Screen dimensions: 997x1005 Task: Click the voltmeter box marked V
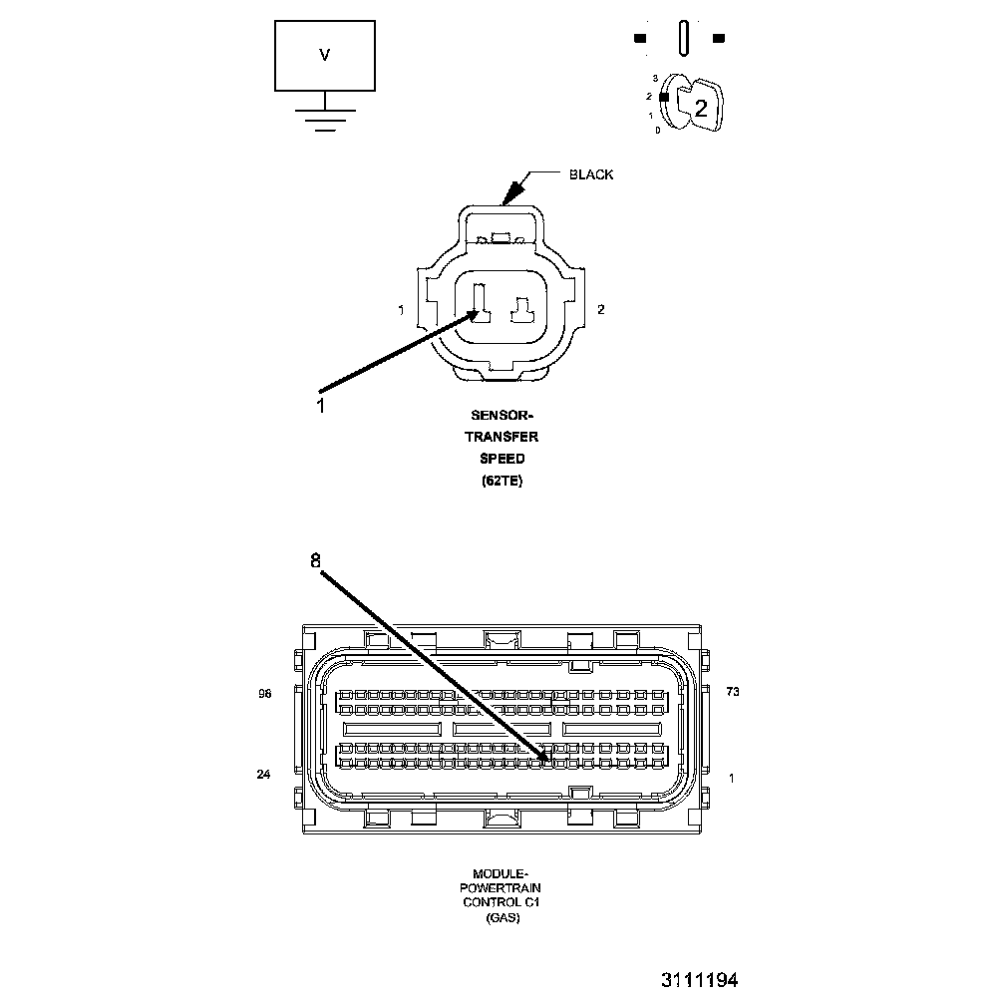(x=325, y=56)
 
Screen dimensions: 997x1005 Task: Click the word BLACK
(x=591, y=174)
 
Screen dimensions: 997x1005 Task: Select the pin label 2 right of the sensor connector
(x=600, y=310)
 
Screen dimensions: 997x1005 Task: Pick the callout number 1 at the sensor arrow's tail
(x=320, y=406)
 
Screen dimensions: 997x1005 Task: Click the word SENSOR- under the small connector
(x=502, y=415)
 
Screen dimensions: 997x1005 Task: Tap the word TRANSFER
(x=502, y=437)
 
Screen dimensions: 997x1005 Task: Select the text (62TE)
(x=502, y=481)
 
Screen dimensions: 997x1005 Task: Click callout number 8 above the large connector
(x=315, y=560)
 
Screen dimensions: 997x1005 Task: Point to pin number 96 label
(x=264, y=694)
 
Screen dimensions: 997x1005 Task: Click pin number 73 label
(x=732, y=692)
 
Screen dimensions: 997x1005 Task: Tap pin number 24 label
(x=263, y=774)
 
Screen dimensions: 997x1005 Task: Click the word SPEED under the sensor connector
(x=502, y=459)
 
